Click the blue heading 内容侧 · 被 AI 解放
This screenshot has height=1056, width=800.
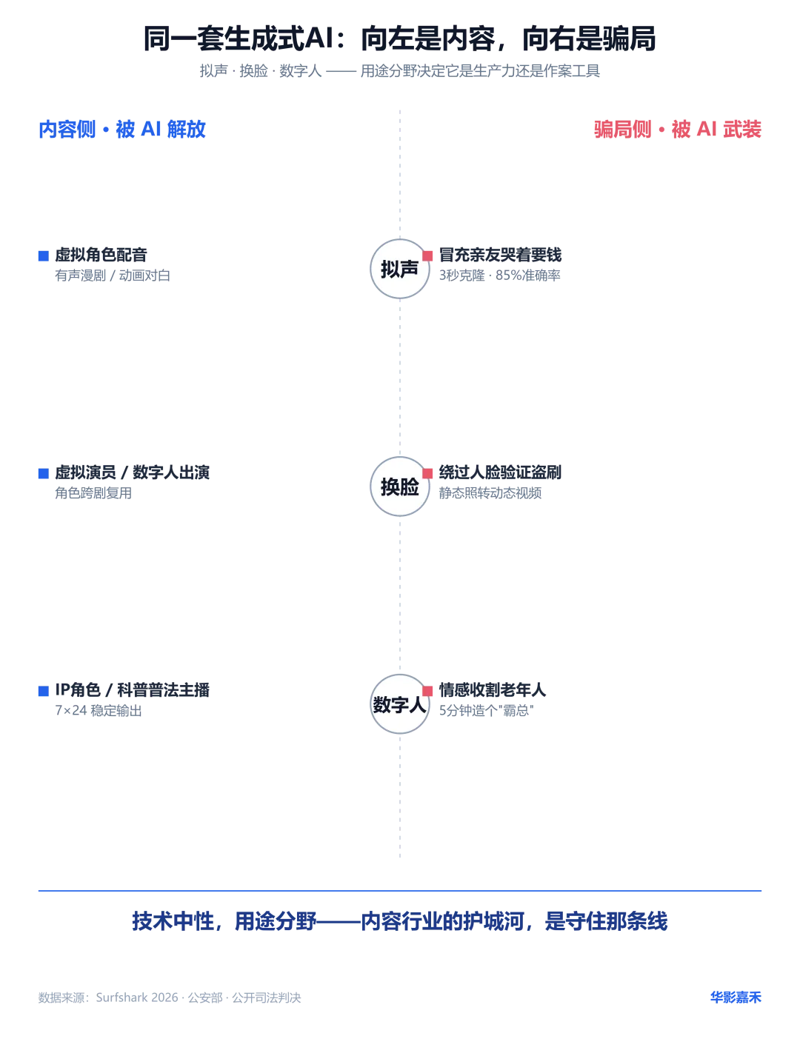coord(122,129)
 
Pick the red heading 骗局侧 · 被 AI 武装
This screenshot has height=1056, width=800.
coord(677,129)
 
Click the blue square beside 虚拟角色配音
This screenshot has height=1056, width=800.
coord(43,256)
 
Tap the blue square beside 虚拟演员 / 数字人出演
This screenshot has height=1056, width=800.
coord(43,473)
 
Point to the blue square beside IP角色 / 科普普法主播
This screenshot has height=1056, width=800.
coord(43,691)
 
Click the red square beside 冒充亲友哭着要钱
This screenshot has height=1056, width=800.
coord(427,256)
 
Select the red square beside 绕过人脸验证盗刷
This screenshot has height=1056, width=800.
coord(427,473)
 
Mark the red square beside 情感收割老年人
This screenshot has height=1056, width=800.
coord(427,691)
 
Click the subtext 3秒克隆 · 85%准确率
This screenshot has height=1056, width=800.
coord(499,275)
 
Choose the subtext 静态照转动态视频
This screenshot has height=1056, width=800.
coord(490,492)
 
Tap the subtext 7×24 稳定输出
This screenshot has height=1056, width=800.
coord(98,710)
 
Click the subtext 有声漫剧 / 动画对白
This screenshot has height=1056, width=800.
coord(112,275)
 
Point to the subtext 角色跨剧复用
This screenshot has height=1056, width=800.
coord(93,492)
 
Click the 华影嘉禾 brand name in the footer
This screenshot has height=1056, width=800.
coord(736,997)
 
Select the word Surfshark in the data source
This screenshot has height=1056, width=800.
coord(124,997)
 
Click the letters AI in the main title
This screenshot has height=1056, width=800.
coord(319,38)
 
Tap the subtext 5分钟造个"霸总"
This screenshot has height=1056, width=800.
coord(486,710)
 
